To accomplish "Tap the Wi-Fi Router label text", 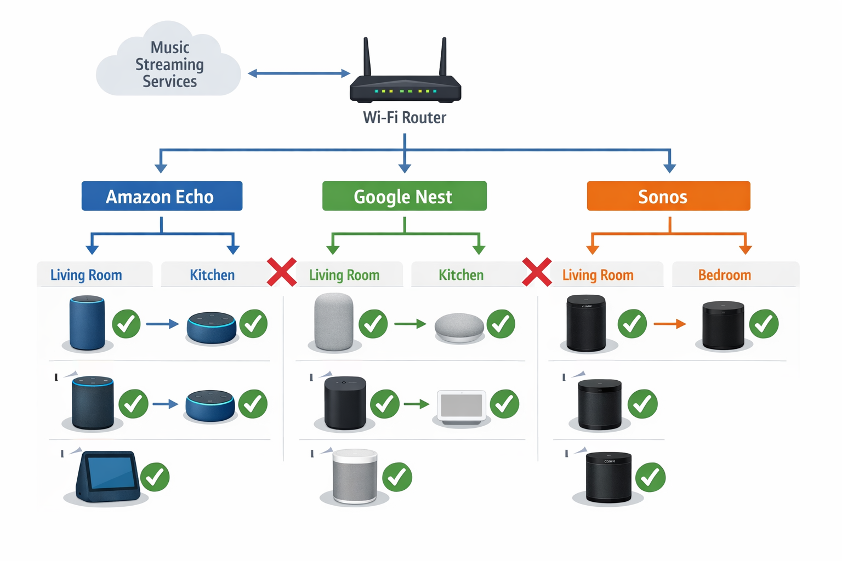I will [405, 118].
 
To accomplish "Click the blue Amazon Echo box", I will [162, 196].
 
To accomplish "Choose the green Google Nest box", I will [404, 196].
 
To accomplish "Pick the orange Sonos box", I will [668, 196].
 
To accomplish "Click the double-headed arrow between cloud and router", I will [299, 73].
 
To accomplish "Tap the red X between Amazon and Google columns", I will [282, 272].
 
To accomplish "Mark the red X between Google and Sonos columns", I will [537, 272].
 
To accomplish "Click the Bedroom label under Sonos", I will [724, 275].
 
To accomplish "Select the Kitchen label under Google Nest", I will [461, 275].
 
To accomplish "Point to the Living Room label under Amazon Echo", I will [86, 275].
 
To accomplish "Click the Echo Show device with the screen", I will [107, 476].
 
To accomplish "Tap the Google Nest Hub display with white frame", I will [461, 407].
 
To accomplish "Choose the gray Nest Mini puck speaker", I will [459, 327].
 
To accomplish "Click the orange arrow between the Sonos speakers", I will [669, 324].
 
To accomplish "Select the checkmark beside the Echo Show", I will [155, 477].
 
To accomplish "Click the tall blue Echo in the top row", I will [87, 323].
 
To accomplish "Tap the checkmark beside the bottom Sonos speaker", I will [650, 477].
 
